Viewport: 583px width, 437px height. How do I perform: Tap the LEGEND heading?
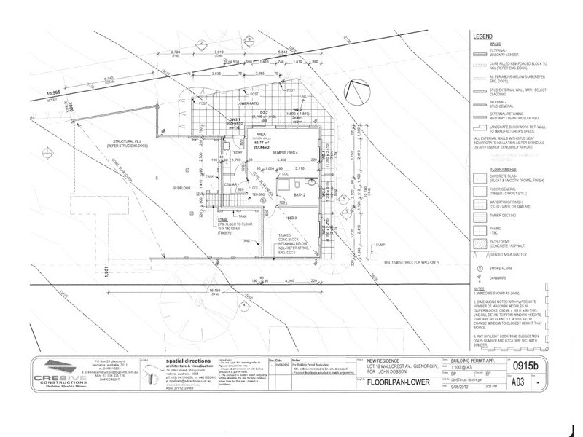(x=484, y=36)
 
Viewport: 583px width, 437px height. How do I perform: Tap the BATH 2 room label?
(x=298, y=196)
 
